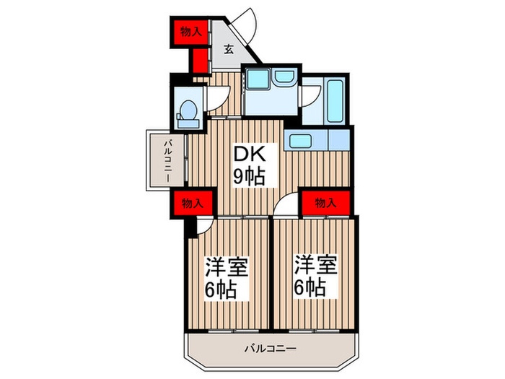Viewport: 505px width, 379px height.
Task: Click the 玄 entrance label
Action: [x=227, y=49]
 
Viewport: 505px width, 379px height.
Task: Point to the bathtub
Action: [x=335, y=101]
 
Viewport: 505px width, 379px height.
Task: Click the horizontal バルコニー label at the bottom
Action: [x=271, y=349]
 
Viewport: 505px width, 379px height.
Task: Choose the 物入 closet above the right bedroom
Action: [x=326, y=203]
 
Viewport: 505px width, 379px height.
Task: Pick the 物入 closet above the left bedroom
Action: [x=193, y=203]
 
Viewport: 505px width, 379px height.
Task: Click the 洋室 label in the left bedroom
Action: [x=227, y=267]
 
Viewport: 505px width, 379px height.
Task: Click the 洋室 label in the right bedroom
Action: [x=315, y=264]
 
